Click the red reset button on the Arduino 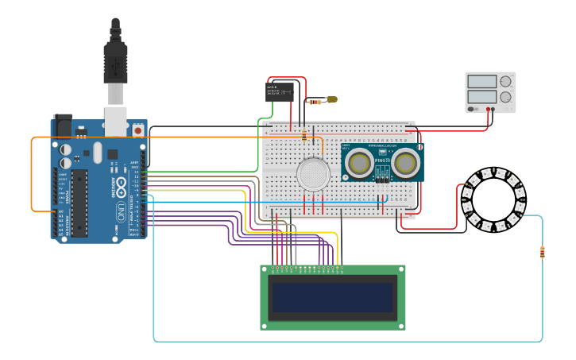coord(137,130)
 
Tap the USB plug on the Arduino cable coord(115,64)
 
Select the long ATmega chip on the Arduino coord(79,203)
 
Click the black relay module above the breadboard coord(279,91)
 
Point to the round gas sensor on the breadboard coord(312,173)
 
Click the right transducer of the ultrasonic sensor coord(406,162)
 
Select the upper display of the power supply coord(481,81)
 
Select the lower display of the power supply coord(481,96)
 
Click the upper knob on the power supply coord(504,81)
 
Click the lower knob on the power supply coord(504,96)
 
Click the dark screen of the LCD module coord(333,296)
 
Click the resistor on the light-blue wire coord(542,253)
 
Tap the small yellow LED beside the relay coord(331,99)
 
